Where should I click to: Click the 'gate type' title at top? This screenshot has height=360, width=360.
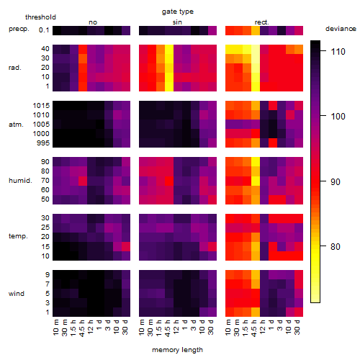tap(178, 12)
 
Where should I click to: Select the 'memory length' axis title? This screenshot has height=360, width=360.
tap(177, 350)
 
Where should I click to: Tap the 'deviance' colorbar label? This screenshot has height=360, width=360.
tap(341, 29)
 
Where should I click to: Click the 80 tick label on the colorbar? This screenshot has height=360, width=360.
tap(336, 246)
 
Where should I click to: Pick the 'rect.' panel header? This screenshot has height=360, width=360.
tap(261, 22)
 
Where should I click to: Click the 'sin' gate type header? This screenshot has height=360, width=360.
tap(177, 22)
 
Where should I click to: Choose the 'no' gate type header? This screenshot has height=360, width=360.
tap(93, 22)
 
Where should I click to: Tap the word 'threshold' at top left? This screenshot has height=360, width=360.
tap(40, 17)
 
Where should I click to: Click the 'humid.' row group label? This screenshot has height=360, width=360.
tap(20, 181)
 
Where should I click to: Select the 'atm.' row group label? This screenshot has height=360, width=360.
tap(16, 125)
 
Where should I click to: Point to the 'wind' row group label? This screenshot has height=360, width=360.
tap(17, 293)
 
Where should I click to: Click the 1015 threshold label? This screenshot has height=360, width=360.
tap(41, 106)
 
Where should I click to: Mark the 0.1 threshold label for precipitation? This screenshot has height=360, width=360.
tap(44, 30)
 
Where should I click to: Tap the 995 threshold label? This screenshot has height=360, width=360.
tap(43, 143)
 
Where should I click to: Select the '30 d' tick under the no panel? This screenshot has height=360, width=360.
tap(125, 327)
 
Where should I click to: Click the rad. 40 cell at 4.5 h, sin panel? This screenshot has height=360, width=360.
tap(169, 49)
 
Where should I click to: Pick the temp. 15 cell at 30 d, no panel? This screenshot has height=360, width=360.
tap(126, 246)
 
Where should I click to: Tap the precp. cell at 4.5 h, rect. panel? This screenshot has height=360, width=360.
tap(256, 30)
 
